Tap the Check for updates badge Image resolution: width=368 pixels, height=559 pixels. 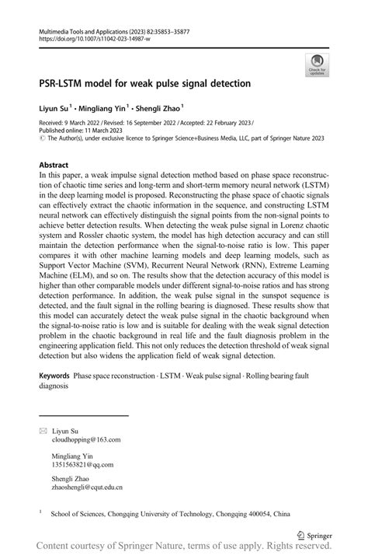(x=316, y=65)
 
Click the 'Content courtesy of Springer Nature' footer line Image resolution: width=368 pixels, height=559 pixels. (x=184, y=548)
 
